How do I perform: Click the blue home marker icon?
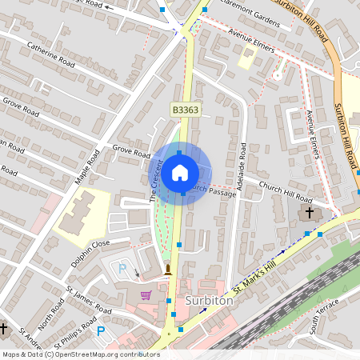point(179,172)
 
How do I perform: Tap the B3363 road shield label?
point(184,109)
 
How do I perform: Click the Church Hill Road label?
point(286,191)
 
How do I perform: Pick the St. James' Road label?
point(89,299)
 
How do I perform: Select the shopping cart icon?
point(146,295)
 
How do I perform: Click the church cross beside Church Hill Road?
point(309,214)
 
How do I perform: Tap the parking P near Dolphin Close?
point(122,268)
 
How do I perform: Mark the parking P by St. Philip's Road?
point(102,330)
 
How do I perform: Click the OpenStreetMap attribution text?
point(81,354)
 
